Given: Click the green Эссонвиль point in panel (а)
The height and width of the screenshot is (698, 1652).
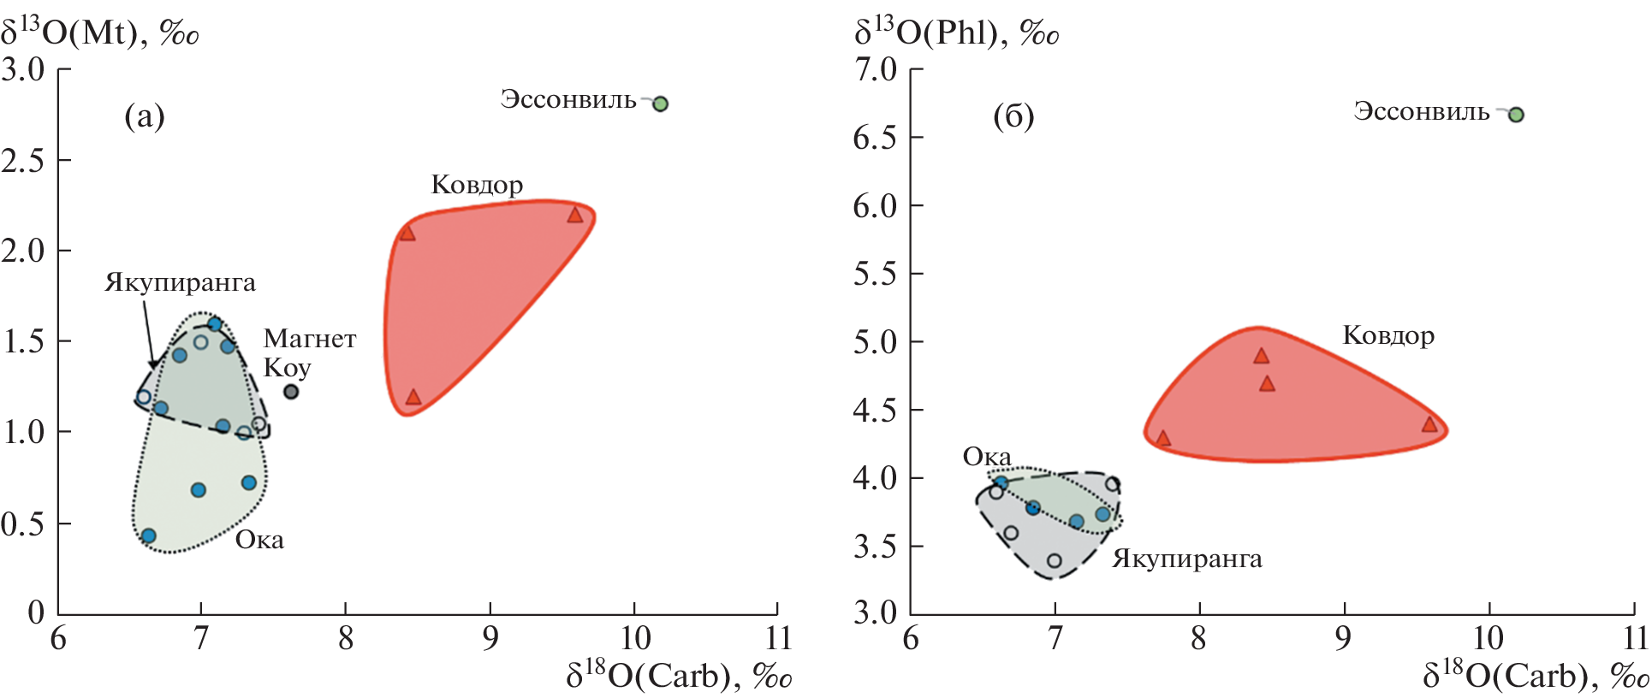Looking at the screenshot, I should [660, 104].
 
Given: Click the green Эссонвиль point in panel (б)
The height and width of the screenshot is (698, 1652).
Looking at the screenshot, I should [1516, 115].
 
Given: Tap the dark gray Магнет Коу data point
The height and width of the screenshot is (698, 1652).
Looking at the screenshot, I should [291, 392].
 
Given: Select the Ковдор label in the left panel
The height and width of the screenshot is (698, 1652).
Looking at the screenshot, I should [477, 185].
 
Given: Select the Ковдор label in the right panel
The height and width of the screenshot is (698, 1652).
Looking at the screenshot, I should [1388, 335].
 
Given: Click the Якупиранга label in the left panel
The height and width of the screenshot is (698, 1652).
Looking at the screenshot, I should [180, 283].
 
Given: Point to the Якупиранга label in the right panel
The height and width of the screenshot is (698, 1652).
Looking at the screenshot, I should [1187, 559].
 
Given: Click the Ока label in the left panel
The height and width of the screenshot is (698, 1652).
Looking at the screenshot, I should [259, 540].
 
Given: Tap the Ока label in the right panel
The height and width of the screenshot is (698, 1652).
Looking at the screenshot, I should [987, 457].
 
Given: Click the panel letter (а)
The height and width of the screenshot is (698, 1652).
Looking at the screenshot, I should [144, 115].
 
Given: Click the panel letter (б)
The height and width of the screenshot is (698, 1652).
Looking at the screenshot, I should [1013, 115].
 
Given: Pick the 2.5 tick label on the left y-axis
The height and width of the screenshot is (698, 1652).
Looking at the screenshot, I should [23, 160].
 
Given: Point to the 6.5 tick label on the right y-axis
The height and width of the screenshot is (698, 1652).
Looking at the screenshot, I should [875, 138].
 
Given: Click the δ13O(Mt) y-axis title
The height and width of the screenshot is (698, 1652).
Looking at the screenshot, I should [100, 33].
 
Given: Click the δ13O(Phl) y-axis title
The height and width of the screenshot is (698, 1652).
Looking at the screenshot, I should [956, 33].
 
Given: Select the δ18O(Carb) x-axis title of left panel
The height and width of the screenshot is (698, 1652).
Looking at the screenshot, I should [679, 676].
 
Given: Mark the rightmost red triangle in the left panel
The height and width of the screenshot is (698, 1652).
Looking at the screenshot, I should [575, 215].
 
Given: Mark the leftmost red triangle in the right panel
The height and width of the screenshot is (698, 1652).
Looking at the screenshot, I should [1163, 438].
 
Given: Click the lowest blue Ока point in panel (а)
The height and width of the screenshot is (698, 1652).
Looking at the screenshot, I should [148, 536].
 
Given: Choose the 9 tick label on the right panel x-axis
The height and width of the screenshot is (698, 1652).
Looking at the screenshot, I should [1344, 637].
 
